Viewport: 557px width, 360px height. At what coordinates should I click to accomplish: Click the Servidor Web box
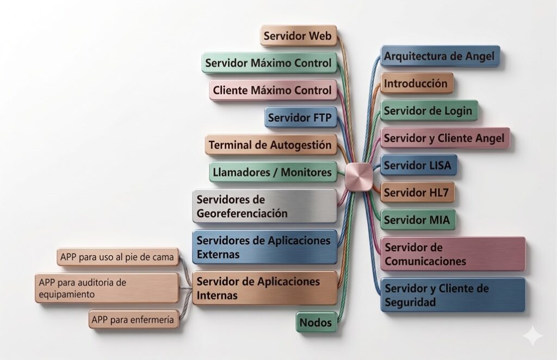299,35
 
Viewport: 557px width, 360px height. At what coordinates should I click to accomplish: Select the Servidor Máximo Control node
269,63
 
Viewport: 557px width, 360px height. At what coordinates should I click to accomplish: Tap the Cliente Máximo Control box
273,90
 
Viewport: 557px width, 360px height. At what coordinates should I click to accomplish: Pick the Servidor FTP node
300,117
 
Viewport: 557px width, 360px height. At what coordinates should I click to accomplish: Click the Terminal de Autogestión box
271,145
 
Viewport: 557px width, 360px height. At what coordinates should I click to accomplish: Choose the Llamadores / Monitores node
273,172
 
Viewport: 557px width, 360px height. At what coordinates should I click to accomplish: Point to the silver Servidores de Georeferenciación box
265,206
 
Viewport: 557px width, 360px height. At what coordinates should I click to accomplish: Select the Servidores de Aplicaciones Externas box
265,247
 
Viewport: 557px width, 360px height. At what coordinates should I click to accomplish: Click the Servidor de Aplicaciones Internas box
265,288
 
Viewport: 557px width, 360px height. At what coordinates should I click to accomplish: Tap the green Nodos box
316,322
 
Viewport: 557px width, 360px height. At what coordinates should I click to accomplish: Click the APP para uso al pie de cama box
118,257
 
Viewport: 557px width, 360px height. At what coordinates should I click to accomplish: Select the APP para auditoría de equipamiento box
107,288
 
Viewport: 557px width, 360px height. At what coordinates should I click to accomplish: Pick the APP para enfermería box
134,320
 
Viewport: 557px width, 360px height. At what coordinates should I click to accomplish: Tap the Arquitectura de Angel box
440,56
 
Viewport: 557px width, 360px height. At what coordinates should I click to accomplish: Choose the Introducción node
417,83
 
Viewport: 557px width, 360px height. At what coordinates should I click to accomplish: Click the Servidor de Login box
429,111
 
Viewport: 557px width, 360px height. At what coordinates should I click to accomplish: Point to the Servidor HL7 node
417,193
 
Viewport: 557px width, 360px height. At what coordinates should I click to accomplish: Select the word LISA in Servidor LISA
438,165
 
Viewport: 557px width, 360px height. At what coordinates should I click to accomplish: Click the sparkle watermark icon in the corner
534,336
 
